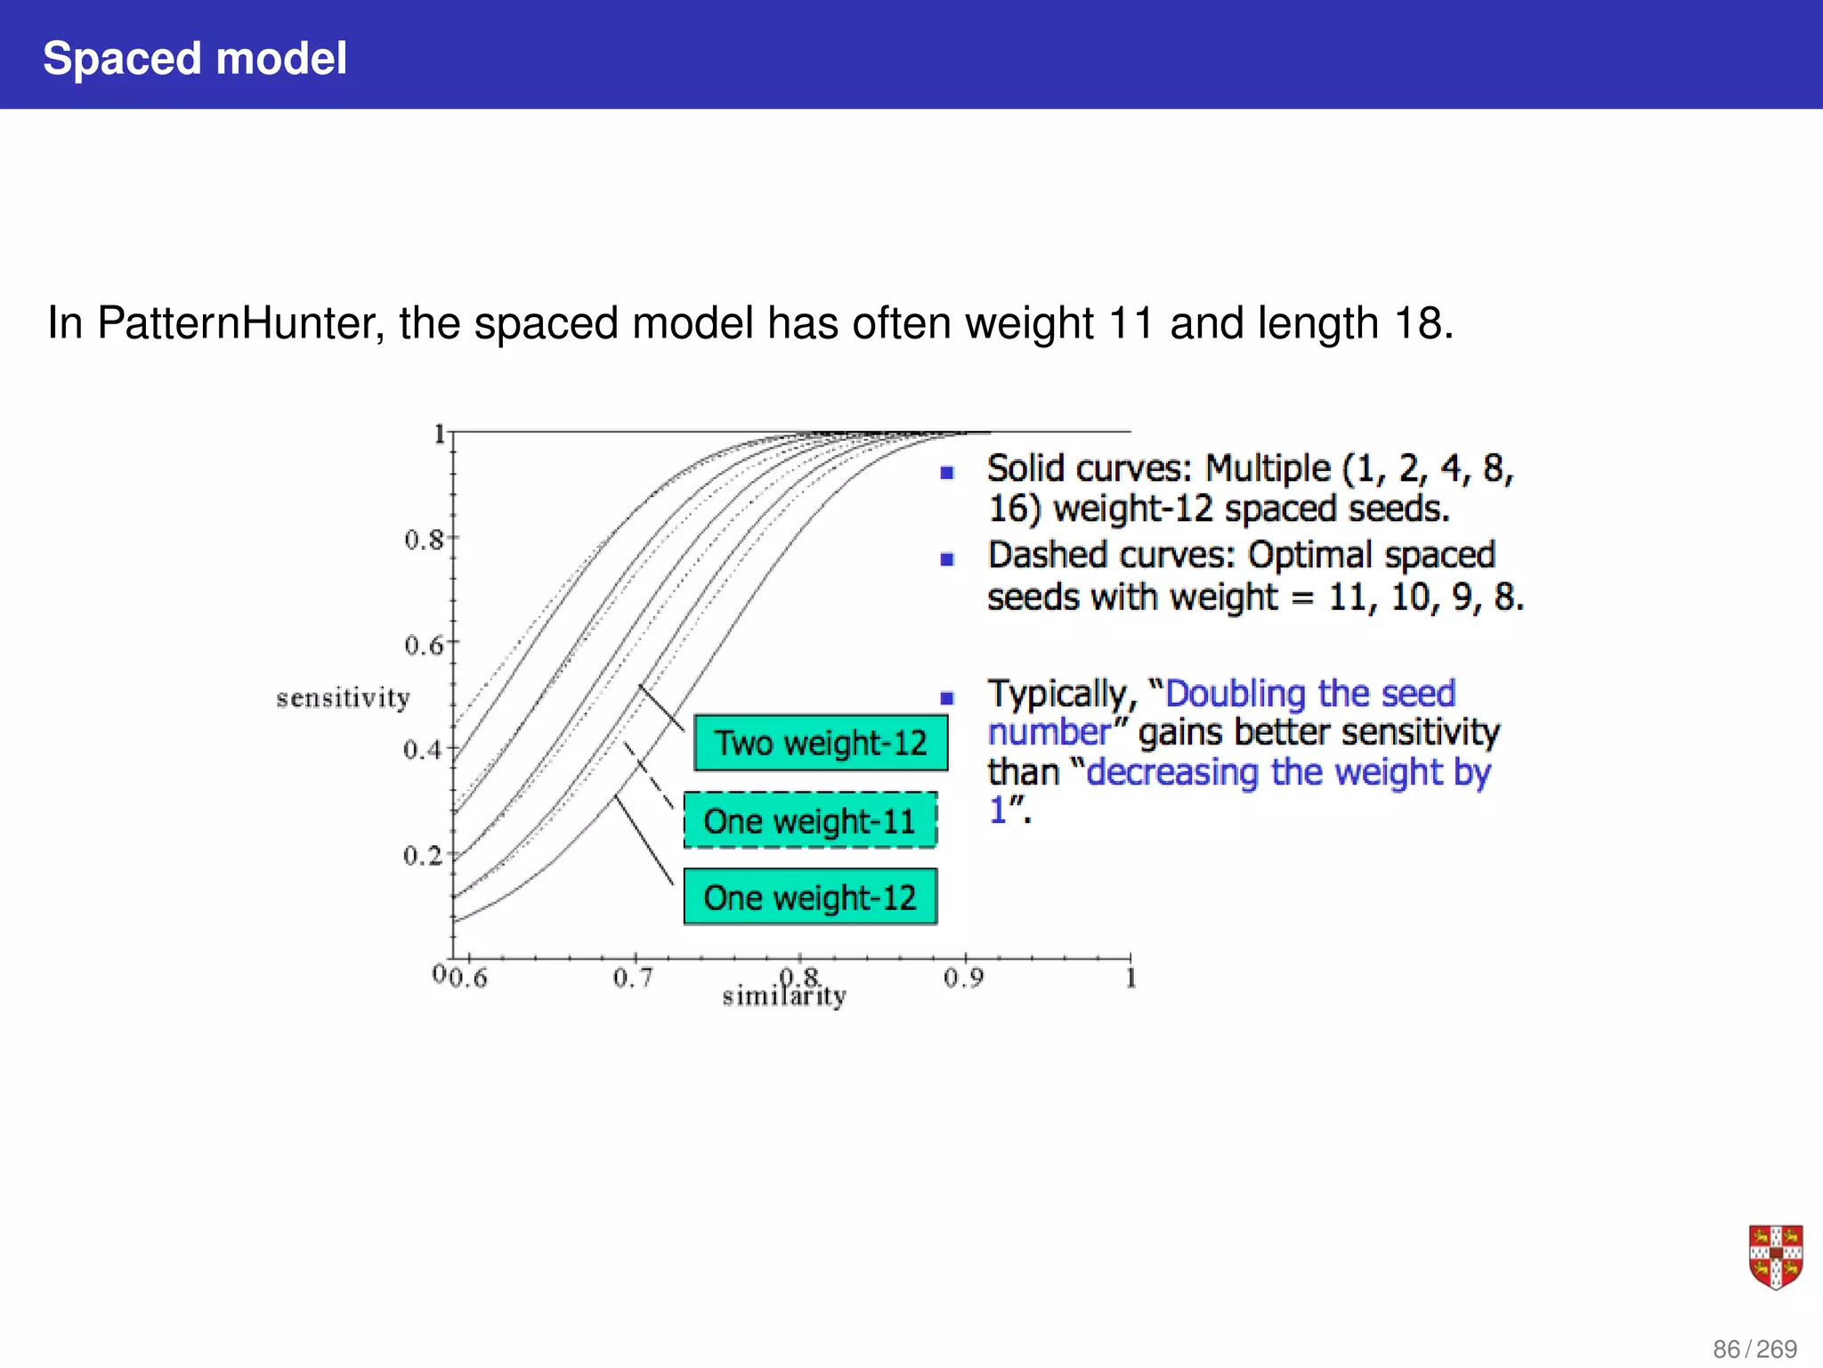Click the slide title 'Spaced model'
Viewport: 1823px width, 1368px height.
[x=194, y=59]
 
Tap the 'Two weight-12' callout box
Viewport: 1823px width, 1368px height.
[x=821, y=743]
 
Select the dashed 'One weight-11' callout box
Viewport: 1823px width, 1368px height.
[x=810, y=820]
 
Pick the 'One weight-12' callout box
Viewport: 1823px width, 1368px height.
[x=810, y=897]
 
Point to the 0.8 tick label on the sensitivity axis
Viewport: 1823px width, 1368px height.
[x=423, y=540]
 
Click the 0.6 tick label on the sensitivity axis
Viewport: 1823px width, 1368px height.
[x=423, y=645]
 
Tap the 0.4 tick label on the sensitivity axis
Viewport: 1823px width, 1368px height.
[x=423, y=750]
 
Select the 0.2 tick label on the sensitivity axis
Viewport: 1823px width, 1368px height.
[x=423, y=856]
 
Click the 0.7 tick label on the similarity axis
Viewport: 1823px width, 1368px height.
[x=633, y=979]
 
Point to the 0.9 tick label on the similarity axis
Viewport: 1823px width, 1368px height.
[x=963, y=979]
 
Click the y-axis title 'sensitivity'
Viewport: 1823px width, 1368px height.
[x=343, y=697]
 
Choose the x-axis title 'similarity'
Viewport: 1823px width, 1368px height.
[x=783, y=997]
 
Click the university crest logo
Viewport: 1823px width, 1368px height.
[x=1776, y=1257]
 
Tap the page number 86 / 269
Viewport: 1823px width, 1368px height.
[x=1754, y=1349]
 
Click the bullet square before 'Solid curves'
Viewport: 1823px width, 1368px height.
[x=947, y=472]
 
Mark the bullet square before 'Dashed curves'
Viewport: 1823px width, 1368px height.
[x=947, y=559]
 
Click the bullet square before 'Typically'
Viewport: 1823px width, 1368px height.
[x=947, y=698]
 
